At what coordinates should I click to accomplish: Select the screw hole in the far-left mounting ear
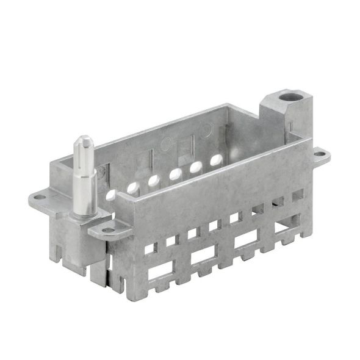(x=39, y=197)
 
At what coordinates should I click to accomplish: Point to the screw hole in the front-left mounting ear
(x=107, y=230)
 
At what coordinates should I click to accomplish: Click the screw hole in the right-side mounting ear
(x=320, y=155)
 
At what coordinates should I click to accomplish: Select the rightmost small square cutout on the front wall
(x=297, y=194)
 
